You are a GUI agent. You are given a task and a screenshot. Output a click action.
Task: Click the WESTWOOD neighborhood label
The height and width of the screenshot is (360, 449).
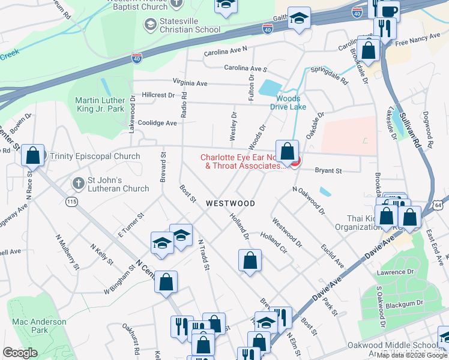click(231, 203)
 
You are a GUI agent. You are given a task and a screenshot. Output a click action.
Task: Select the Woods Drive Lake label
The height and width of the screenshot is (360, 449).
click(291, 103)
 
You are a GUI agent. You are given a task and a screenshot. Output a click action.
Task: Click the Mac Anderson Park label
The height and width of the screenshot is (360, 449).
click(39, 326)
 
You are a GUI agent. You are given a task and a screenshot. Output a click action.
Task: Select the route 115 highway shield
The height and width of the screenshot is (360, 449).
click(72, 202)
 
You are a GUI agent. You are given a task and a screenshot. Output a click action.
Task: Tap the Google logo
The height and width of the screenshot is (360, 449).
click(20, 353)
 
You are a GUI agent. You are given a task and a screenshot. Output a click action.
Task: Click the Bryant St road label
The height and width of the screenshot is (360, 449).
click(329, 171)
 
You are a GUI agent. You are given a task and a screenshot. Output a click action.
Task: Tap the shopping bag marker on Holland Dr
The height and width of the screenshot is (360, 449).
click(250, 260)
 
